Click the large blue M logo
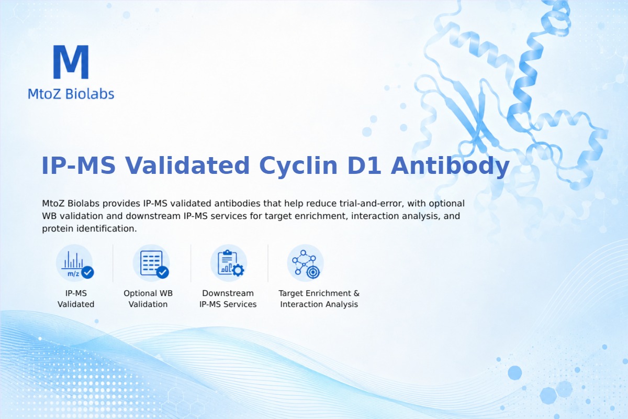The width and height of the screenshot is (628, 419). (x=71, y=62)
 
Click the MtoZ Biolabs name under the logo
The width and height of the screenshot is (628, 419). (x=71, y=94)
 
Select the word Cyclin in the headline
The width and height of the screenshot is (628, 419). (x=298, y=166)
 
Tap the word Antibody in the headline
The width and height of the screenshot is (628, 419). (x=450, y=166)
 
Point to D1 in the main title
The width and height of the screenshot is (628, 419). (x=364, y=166)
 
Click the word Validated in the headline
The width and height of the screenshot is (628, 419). (x=187, y=166)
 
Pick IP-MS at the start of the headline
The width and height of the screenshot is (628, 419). (x=78, y=166)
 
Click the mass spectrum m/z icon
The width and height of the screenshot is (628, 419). (x=74, y=263)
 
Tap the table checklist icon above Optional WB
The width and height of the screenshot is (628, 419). (x=151, y=263)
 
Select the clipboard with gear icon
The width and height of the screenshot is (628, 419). (x=229, y=263)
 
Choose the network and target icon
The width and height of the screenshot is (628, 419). (x=306, y=263)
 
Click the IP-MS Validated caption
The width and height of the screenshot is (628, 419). (x=76, y=299)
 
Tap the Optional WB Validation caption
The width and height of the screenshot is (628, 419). (x=148, y=299)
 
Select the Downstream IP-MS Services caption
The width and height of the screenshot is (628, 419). (x=228, y=299)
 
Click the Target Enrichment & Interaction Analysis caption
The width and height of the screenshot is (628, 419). (x=319, y=299)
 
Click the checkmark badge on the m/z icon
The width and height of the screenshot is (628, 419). (x=87, y=272)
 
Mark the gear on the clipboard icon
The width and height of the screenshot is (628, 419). (x=238, y=270)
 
